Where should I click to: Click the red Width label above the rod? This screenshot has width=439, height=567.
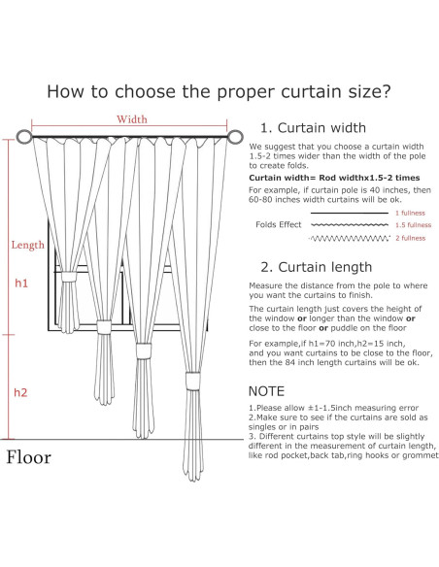pyautogui.click(x=132, y=119)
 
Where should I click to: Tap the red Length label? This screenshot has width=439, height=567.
pyautogui.click(x=28, y=246)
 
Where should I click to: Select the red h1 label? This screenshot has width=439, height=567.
pyautogui.click(x=21, y=283)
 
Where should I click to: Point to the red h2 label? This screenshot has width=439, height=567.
pyautogui.click(x=20, y=392)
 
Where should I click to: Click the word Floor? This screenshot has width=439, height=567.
pyautogui.click(x=28, y=457)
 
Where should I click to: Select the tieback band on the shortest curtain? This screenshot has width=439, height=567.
pyautogui.click(x=68, y=277)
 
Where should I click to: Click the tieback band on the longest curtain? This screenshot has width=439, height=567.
pyautogui.click(x=192, y=382)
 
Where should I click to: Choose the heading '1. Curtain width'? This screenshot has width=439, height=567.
pyautogui.click(x=313, y=127)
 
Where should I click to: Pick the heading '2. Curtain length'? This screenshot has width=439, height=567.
pyautogui.click(x=317, y=267)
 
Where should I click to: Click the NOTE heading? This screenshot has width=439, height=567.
pyautogui.click(x=266, y=391)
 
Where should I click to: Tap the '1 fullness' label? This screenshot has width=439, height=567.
pyautogui.click(x=410, y=213)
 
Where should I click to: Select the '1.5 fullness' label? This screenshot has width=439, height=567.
pyautogui.click(x=414, y=225)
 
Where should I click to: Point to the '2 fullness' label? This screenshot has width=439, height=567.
pyautogui.click(x=411, y=238)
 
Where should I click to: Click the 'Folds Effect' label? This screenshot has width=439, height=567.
pyautogui.click(x=279, y=224)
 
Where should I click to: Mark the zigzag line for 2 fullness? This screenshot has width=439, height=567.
pyautogui.click(x=350, y=238)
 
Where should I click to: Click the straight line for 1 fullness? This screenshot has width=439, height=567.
pyautogui.click(x=350, y=213)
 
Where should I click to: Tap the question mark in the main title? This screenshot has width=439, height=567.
pyautogui.click(x=386, y=91)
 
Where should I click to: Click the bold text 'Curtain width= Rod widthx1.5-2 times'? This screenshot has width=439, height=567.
pyautogui.click(x=334, y=178)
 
